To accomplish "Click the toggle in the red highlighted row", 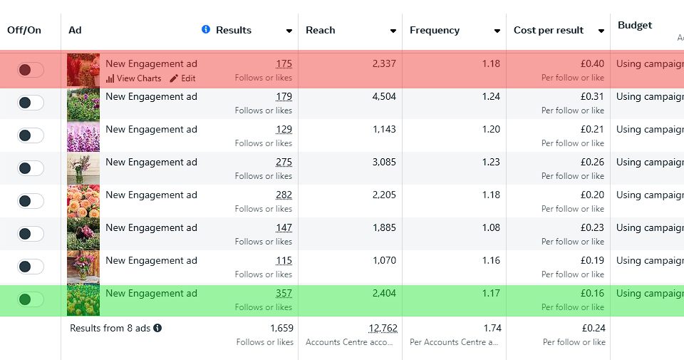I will point(31,70).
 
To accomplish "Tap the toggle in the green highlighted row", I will point(31,299).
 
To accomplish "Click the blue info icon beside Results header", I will point(206,30).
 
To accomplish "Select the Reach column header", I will point(321,30).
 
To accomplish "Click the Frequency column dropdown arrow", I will point(497,31).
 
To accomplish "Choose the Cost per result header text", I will point(549,30).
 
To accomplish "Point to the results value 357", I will point(284,294).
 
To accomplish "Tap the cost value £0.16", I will point(592,294).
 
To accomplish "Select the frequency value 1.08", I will point(491,228).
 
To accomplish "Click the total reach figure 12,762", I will point(383,329).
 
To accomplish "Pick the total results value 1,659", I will point(281,329).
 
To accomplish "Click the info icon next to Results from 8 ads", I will point(157,329).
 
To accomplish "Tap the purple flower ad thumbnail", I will point(83,135).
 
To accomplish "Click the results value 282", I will point(284,195).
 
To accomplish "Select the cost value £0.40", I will point(592,64).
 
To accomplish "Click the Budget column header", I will point(635,26).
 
